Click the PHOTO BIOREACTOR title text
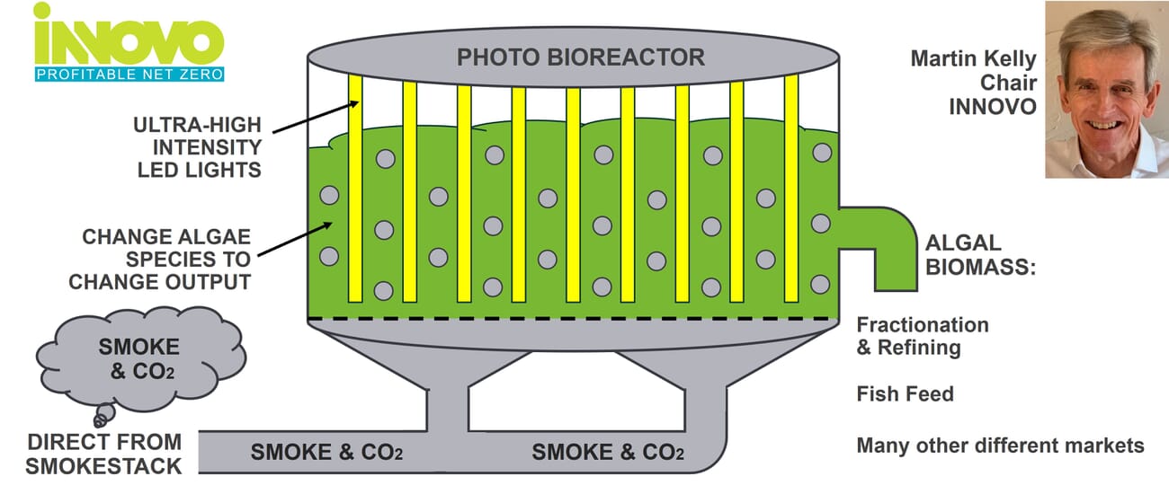coord(581,58)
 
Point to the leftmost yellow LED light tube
coord(355,189)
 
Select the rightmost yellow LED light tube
coord(791,189)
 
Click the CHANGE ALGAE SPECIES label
coord(166,260)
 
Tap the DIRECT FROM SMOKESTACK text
coord(103,454)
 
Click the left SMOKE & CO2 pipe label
coord(326,453)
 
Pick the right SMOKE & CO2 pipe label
coord(608,453)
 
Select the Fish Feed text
coord(905,393)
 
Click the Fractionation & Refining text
coord(922,336)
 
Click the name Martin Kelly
coord(974,60)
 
